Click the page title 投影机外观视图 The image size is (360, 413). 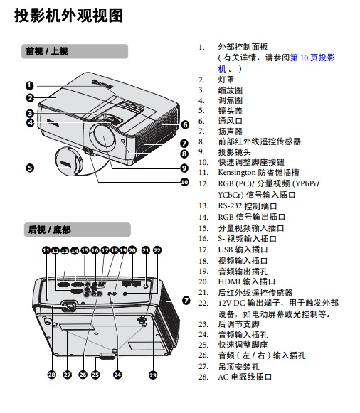click(x=68, y=15)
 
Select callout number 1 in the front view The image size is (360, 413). click(x=29, y=85)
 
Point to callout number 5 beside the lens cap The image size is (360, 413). click(x=30, y=168)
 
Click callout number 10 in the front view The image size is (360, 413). click(x=184, y=182)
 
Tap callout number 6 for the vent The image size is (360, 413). click(x=185, y=124)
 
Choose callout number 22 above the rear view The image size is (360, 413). click(x=157, y=250)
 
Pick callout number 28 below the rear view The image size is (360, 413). click(x=52, y=375)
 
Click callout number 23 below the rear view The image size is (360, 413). click(x=153, y=375)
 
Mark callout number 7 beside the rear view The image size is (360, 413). click(x=186, y=300)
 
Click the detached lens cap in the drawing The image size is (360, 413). click(x=68, y=161)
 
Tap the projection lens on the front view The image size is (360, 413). click(x=102, y=137)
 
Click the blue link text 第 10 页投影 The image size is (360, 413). click(x=312, y=58)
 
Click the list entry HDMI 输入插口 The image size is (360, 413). click(x=247, y=281)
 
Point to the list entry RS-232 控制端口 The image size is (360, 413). click(x=247, y=206)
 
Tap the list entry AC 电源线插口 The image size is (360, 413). click(x=245, y=377)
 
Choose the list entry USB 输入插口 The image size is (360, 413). click(x=243, y=250)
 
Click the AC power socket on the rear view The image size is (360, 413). click(x=69, y=306)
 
